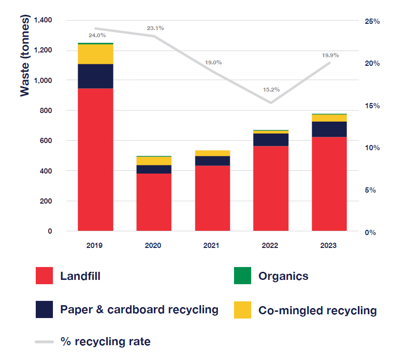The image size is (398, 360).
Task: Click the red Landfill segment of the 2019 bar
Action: pyautogui.click(x=95, y=160)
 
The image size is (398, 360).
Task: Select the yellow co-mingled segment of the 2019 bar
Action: pyautogui.click(x=95, y=54)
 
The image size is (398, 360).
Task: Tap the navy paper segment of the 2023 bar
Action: pyautogui.click(x=329, y=129)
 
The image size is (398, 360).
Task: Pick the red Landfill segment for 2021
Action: pyautogui.click(x=212, y=198)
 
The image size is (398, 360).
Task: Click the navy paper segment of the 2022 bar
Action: pyautogui.click(x=271, y=139)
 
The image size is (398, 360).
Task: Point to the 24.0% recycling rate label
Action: pyautogui.click(x=97, y=35)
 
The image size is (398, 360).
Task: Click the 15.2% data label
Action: pyautogui.click(x=271, y=89)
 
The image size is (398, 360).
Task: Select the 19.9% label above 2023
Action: pyautogui.click(x=330, y=55)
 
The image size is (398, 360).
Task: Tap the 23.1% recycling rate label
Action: pyautogui.click(x=155, y=28)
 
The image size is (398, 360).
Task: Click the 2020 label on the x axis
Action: pyautogui.click(x=153, y=246)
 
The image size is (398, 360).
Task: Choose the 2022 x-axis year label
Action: pyautogui.click(x=271, y=246)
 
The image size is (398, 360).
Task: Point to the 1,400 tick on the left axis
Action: pyautogui.click(x=43, y=20)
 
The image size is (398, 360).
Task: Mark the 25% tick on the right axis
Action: pyautogui.click(x=373, y=21)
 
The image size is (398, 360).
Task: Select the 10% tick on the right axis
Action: pyautogui.click(x=373, y=148)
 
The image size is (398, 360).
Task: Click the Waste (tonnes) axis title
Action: pyautogui.click(x=25, y=56)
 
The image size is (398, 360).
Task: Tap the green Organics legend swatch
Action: pyautogui.click(x=243, y=276)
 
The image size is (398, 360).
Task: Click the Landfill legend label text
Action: pyautogui.click(x=80, y=276)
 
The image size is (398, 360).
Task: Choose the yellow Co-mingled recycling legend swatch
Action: pyautogui.click(x=243, y=310)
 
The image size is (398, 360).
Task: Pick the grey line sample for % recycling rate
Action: pyautogui.click(x=44, y=341)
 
